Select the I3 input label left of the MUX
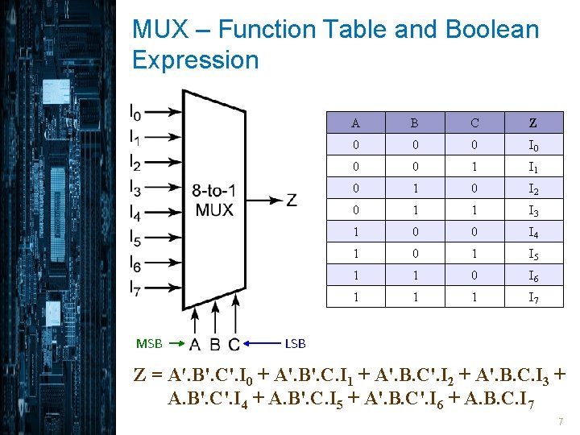coord(135,188)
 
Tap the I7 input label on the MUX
coord(135,288)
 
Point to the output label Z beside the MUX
coord(291,200)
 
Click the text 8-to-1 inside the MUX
coord(213,191)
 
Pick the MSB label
coord(149,343)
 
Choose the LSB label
coord(296,343)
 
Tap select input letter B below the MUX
coord(215,345)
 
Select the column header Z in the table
coord(532,123)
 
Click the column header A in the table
coord(355,123)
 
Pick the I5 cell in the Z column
coord(533,255)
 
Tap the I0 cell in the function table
coord(533,146)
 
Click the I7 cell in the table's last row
coord(533,298)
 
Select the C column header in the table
coord(474,123)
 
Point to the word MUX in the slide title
coord(161,30)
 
